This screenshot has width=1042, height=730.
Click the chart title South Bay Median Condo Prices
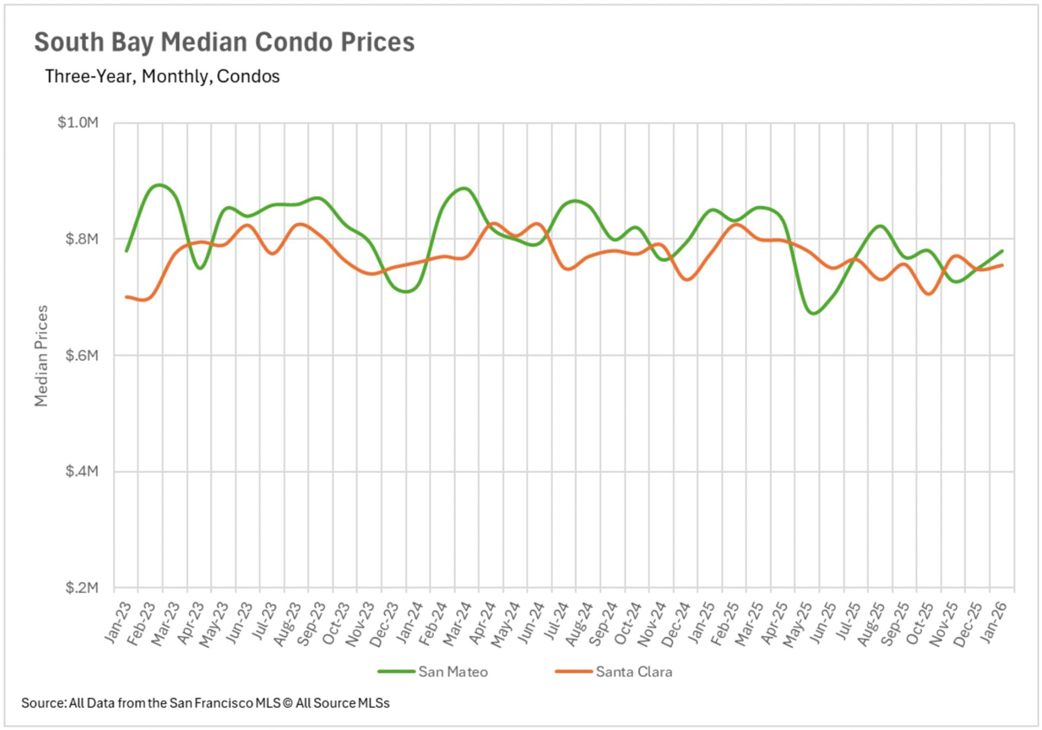pyautogui.click(x=224, y=42)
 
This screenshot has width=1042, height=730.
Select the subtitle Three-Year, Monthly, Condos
pyautogui.click(x=162, y=77)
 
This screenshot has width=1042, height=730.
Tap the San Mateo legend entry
pyautogui.click(x=453, y=672)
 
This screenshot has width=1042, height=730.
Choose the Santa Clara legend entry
pyautogui.click(x=633, y=672)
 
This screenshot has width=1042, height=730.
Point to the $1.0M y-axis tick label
pyautogui.click(x=78, y=123)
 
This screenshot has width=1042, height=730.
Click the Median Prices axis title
pyautogui.click(x=41, y=356)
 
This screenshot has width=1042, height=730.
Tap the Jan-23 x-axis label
pyautogui.click(x=118, y=623)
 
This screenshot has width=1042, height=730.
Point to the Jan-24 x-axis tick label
pyautogui.click(x=410, y=623)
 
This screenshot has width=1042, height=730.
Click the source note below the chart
pyautogui.click(x=205, y=703)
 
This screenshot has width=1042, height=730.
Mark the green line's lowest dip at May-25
pyautogui.click(x=813, y=313)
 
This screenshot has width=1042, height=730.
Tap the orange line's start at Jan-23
pyautogui.click(x=126, y=297)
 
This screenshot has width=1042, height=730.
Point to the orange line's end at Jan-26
pyautogui.click(x=1002, y=265)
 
